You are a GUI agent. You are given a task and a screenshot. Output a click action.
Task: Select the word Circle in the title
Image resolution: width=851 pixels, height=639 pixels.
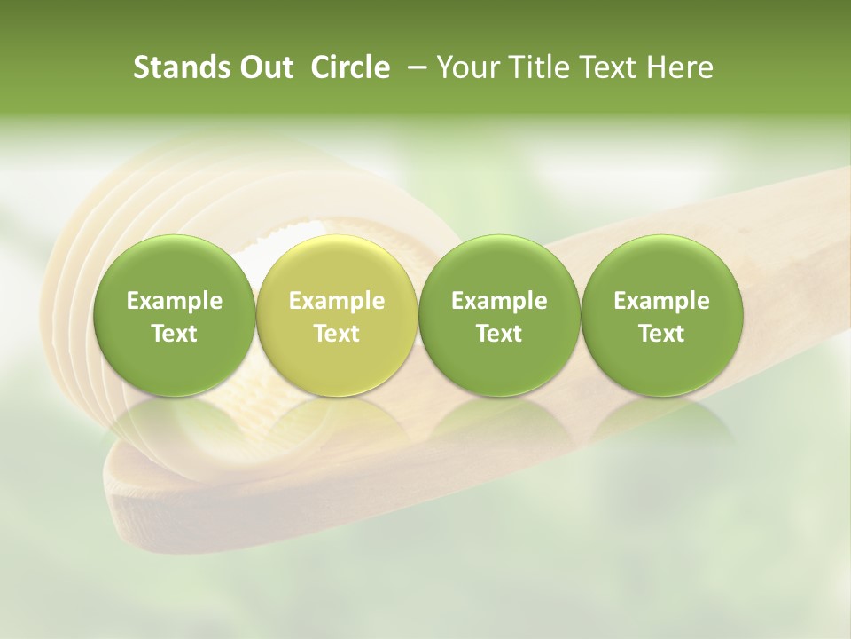tap(350, 68)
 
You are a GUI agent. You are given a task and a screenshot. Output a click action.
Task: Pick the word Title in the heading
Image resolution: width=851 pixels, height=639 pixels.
tap(537, 68)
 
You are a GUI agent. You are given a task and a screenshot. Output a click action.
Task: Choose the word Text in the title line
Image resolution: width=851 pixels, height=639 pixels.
tap(605, 68)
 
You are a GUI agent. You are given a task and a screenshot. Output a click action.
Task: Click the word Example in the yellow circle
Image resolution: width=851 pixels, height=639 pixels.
tap(337, 302)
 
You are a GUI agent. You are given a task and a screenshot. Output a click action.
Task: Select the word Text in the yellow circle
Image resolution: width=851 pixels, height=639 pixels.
tap(337, 334)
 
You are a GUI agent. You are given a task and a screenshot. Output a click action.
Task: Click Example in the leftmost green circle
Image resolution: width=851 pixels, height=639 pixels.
tap(175, 302)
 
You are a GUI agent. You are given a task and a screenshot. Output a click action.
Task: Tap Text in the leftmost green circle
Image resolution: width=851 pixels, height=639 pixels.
tap(175, 334)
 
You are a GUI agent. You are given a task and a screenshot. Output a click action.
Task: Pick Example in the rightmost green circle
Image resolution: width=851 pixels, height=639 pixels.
tap(662, 302)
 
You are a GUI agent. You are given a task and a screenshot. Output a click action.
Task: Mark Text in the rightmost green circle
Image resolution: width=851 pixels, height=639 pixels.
tap(662, 334)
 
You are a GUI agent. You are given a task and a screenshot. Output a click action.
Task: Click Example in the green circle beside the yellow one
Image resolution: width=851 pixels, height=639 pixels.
tap(499, 302)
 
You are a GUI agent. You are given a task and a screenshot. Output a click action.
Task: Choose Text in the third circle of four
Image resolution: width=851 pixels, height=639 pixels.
tap(499, 334)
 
